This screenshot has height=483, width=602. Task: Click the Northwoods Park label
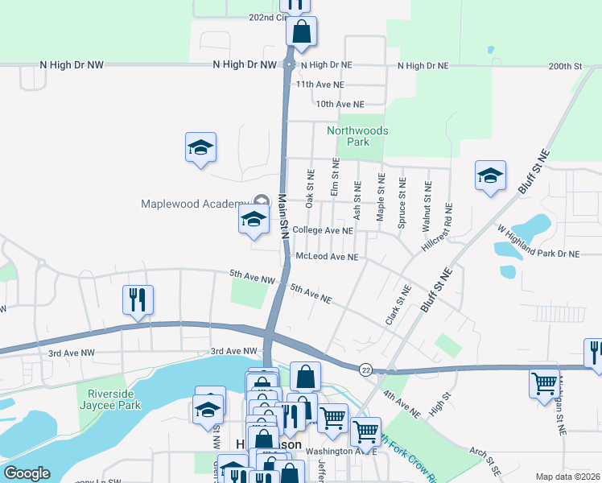[x=357, y=136]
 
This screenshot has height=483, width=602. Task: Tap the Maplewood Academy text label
[x=196, y=204]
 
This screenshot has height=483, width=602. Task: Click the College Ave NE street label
[x=323, y=230]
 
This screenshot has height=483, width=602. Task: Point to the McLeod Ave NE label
[x=327, y=257]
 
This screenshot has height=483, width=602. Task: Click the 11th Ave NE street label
[x=320, y=84]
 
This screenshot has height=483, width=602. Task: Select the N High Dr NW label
[x=72, y=64]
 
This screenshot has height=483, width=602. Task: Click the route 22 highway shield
[x=366, y=369]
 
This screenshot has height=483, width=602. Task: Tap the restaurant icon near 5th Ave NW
[x=138, y=301]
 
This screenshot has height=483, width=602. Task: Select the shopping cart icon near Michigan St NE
[x=545, y=382]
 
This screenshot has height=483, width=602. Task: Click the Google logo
[x=27, y=473]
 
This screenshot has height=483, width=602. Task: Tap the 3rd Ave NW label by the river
[x=233, y=352]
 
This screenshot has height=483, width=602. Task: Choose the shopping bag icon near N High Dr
[x=302, y=33]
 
